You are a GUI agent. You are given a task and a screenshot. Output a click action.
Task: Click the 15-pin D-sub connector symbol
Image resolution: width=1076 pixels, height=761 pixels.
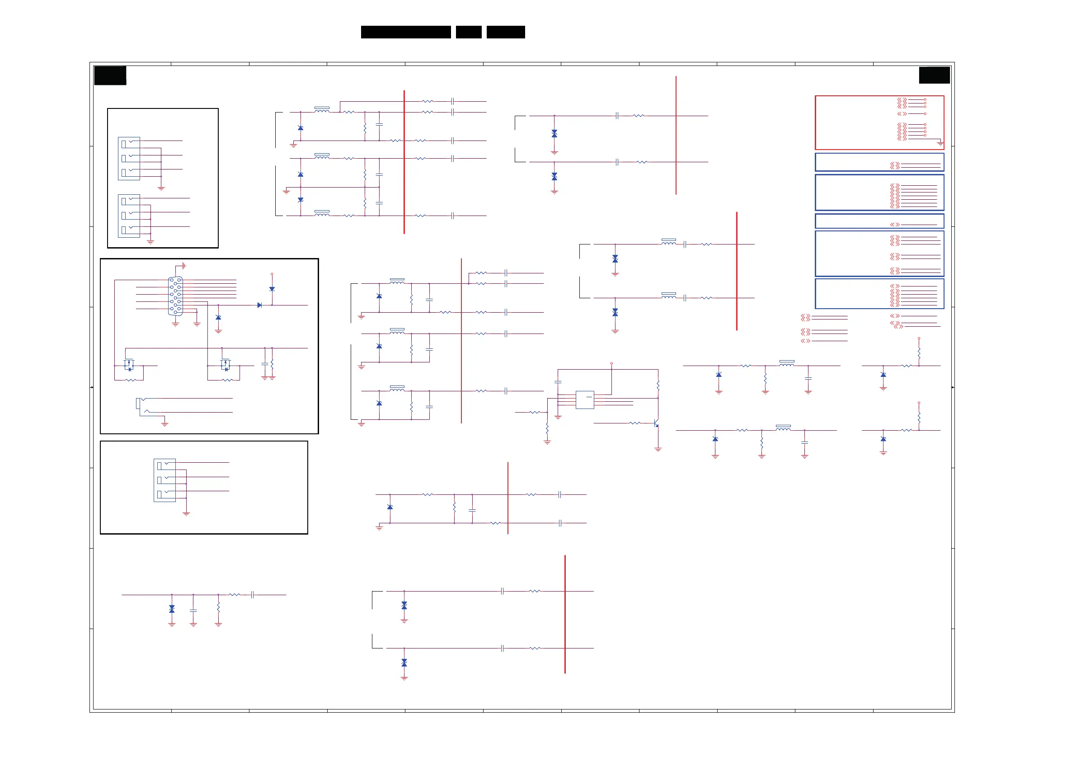(175, 296)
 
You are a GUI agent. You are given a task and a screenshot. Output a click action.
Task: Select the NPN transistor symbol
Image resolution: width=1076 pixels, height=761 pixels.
(656, 423)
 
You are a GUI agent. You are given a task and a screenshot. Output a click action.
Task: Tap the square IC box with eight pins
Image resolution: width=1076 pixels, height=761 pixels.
(584, 400)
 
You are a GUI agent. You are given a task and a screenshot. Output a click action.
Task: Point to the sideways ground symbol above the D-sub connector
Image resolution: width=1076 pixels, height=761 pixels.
(184, 266)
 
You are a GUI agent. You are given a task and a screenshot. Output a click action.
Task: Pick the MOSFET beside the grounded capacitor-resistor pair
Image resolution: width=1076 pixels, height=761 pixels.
(226, 365)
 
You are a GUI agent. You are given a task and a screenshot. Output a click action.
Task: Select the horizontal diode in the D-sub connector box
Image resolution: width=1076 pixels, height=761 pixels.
(260, 305)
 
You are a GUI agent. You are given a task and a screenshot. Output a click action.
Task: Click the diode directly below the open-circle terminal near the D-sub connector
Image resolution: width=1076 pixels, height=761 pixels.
(272, 289)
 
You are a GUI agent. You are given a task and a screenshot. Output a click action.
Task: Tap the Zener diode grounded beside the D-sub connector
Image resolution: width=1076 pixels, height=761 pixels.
(218, 318)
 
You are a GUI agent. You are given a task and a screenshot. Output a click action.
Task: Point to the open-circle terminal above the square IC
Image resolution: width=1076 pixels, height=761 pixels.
(611, 364)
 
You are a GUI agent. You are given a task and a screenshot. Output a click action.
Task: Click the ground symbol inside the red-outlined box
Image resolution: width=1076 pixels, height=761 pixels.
(940, 143)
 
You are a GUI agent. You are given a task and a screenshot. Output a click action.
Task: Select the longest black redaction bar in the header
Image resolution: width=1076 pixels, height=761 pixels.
(406, 32)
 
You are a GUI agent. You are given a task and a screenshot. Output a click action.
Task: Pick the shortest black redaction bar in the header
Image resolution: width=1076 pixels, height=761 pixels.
(469, 32)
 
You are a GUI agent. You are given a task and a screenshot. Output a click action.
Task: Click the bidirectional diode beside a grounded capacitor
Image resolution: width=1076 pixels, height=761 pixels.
(172, 609)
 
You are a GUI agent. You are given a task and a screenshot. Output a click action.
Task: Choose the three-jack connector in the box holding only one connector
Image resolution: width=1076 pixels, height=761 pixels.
(164, 480)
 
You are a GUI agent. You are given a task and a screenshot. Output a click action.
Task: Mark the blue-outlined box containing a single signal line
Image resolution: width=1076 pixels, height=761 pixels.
(879, 221)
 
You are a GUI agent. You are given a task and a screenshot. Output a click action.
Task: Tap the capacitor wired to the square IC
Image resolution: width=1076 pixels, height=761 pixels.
(558, 382)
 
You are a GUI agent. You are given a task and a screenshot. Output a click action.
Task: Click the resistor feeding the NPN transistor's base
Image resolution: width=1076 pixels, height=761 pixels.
(634, 423)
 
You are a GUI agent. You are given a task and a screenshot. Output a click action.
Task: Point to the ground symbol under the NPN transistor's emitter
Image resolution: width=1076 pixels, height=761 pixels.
(658, 449)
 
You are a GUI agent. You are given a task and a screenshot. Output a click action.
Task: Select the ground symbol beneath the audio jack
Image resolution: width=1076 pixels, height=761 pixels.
(164, 424)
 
